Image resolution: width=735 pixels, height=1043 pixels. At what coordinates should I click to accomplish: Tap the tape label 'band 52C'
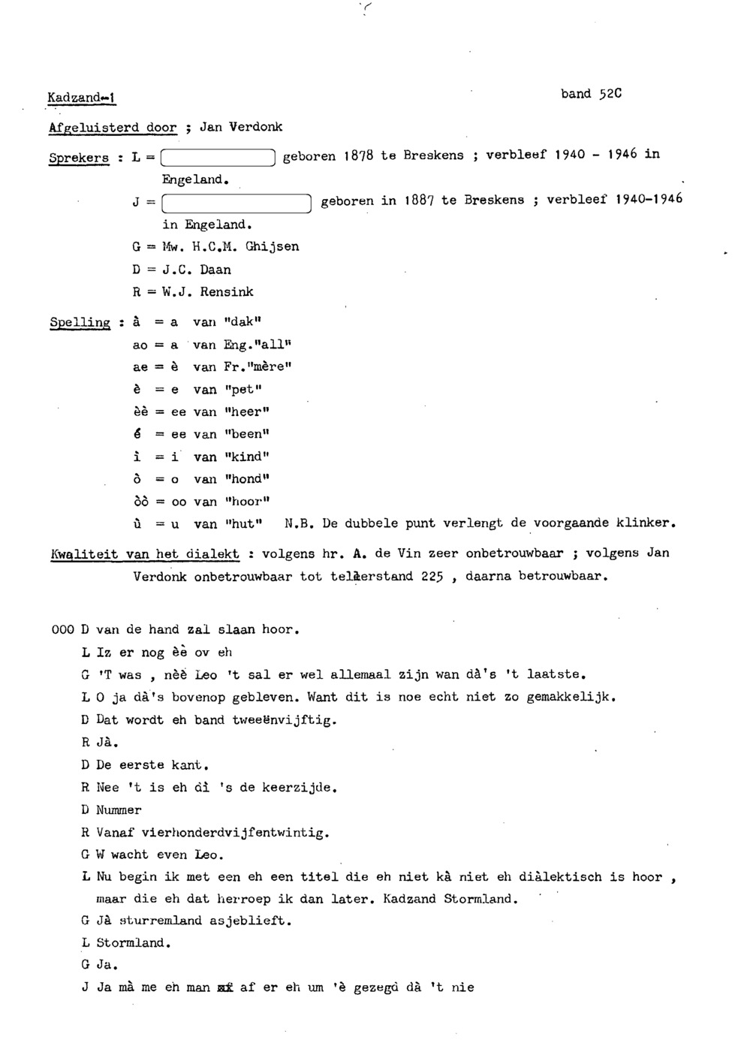click(x=591, y=94)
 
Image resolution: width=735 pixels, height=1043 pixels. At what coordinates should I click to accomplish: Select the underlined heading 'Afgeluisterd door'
click(x=113, y=128)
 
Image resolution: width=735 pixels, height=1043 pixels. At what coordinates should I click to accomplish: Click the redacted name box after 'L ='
click(x=218, y=157)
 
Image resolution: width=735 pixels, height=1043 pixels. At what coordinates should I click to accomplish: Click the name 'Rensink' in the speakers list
click(x=227, y=291)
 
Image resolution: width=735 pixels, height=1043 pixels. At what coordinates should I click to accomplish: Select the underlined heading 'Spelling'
click(x=80, y=322)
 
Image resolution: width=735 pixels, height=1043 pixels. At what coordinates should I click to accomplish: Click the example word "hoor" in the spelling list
click(x=246, y=501)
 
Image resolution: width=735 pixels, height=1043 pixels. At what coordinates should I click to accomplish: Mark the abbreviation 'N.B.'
click(x=298, y=523)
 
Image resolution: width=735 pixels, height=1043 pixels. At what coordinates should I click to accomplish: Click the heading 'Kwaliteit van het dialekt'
click(x=144, y=554)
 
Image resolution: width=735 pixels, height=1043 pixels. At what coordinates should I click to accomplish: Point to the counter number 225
click(x=431, y=577)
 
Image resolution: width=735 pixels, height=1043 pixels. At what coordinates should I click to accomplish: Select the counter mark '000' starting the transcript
click(x=62, y=630)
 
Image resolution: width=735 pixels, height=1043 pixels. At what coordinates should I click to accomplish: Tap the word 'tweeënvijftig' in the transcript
click(x=284, y=719)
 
